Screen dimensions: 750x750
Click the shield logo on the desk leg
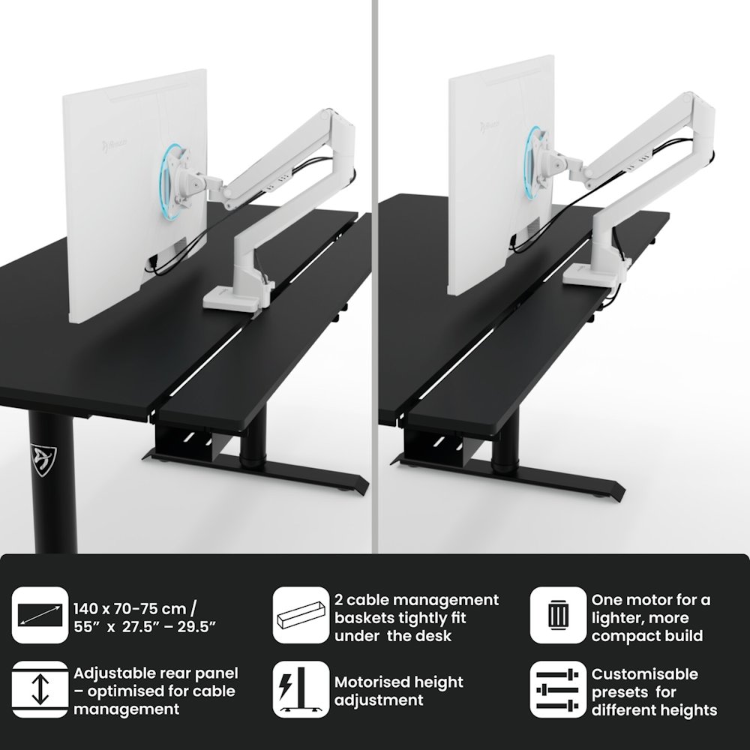pyautogui.click(x=43, y=460)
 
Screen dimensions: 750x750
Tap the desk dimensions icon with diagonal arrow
pyautogui.click(x=40, y=615)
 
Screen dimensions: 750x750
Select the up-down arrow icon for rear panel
pyautogui.click(x=40, y=689)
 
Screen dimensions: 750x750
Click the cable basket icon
pyautogui.click(x=301, y=615)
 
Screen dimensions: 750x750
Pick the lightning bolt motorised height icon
pyautogui.click(x=301, y=689)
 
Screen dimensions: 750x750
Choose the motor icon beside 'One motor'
pyautogui.click(x=558, y=615)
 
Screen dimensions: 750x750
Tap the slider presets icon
pyautogui.click(x=558, y=689)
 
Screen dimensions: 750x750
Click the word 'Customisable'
pyautogui.click(x=645, y=674)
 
